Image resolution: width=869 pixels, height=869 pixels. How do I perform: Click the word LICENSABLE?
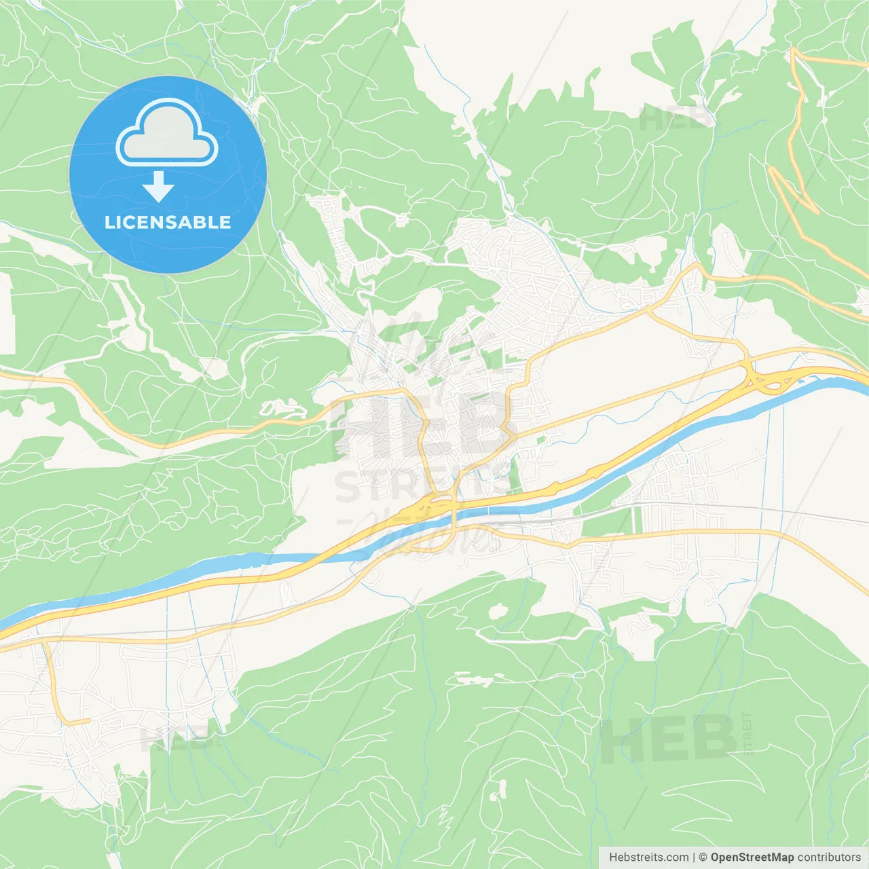[x=168, y=222]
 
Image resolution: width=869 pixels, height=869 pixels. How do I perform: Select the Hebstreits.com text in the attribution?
[x=648, y=857]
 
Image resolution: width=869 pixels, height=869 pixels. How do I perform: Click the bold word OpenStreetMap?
[x=752, y=857]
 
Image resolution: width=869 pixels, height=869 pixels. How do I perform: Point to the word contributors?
[x=829, y=857]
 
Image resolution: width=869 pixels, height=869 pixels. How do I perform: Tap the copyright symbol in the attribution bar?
[x=703, y=857]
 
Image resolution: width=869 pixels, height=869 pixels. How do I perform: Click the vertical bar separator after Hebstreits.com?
[x=693, y=857]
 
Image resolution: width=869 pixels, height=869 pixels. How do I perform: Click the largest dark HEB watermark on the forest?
[x=668, y=739]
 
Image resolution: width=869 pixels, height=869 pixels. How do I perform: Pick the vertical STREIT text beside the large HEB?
[x=747, y=733]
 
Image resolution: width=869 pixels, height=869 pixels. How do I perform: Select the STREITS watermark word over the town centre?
[x=421, y=486]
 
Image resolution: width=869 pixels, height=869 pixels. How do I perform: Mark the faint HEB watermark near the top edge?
[x=676, y=119]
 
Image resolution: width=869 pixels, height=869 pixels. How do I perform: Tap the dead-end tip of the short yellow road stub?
[x=88, y=721]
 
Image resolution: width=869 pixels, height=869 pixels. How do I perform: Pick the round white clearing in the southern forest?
[x=498, y=611]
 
